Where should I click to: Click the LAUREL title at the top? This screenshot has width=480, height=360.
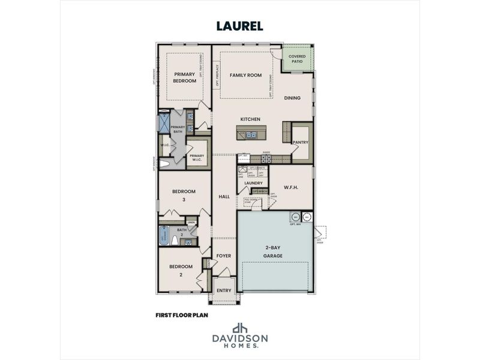pos(240,26)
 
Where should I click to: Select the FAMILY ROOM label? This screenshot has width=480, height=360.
pos(247,75)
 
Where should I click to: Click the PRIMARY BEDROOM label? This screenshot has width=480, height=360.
pos(185,77)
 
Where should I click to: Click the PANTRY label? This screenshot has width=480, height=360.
pos(300,142)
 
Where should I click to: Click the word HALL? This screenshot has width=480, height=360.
pos(224,196)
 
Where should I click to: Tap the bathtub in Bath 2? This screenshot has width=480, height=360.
pos(163,236)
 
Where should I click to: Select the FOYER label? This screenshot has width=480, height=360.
pos(224,256)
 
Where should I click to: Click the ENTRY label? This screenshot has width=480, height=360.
pos(224,290)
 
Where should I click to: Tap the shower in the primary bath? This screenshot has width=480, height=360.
pos(163,123)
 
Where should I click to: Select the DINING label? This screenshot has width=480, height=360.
pos(292,98)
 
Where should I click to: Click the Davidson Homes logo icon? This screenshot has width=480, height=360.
pos(240,328)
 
